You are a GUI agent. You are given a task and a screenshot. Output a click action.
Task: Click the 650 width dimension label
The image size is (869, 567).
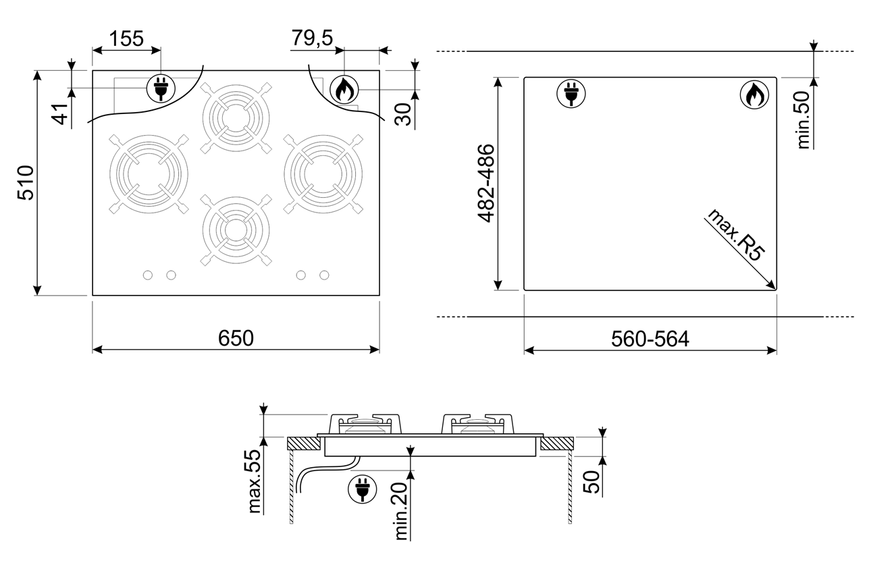tap(236, 338)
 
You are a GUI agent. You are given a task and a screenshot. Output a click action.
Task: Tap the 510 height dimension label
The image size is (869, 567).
tap(26, 183)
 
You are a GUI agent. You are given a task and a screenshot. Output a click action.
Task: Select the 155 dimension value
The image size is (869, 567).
tap(126, 38)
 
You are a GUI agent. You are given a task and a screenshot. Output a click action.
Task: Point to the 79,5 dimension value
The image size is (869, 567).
tap(312, 38)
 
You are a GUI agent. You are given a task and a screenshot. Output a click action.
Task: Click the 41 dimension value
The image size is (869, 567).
tap(61, 114)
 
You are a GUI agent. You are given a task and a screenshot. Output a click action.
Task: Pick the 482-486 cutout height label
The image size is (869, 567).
tap(486, 184)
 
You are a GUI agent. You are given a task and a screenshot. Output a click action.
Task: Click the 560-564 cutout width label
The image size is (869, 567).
tap(650, 339)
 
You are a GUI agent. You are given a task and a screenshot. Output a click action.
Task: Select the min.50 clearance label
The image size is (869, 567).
tap(804, 120)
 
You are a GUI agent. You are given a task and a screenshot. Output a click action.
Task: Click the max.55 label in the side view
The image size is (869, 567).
tap(255, 481)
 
